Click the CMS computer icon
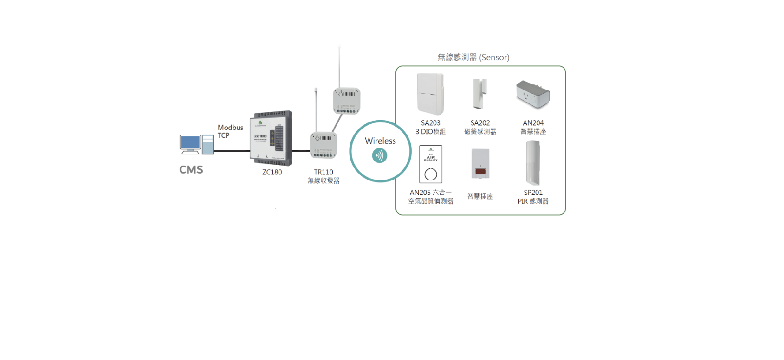tap(196, 144)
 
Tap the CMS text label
tap(191, 170)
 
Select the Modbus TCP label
tap(230, 131)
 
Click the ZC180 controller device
tap(272, 138)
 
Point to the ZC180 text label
tap(272, 172)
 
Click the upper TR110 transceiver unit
tap(346, 101)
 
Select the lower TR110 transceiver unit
tap(323, 145)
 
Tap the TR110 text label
tap(324, 172)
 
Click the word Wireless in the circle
tap(380, 141)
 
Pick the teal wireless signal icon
tap(380, 156)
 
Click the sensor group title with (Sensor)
tap(473, 58)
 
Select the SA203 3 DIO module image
tap(430, 94)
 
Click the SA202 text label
tap(480, 123)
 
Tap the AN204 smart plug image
tap(533, 94)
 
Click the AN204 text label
tap(533, 123)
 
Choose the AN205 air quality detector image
tap(430, 164)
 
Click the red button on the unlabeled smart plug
tap(480, 172)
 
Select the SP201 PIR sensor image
tap(533, 163)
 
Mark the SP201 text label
tap(533, 193)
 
